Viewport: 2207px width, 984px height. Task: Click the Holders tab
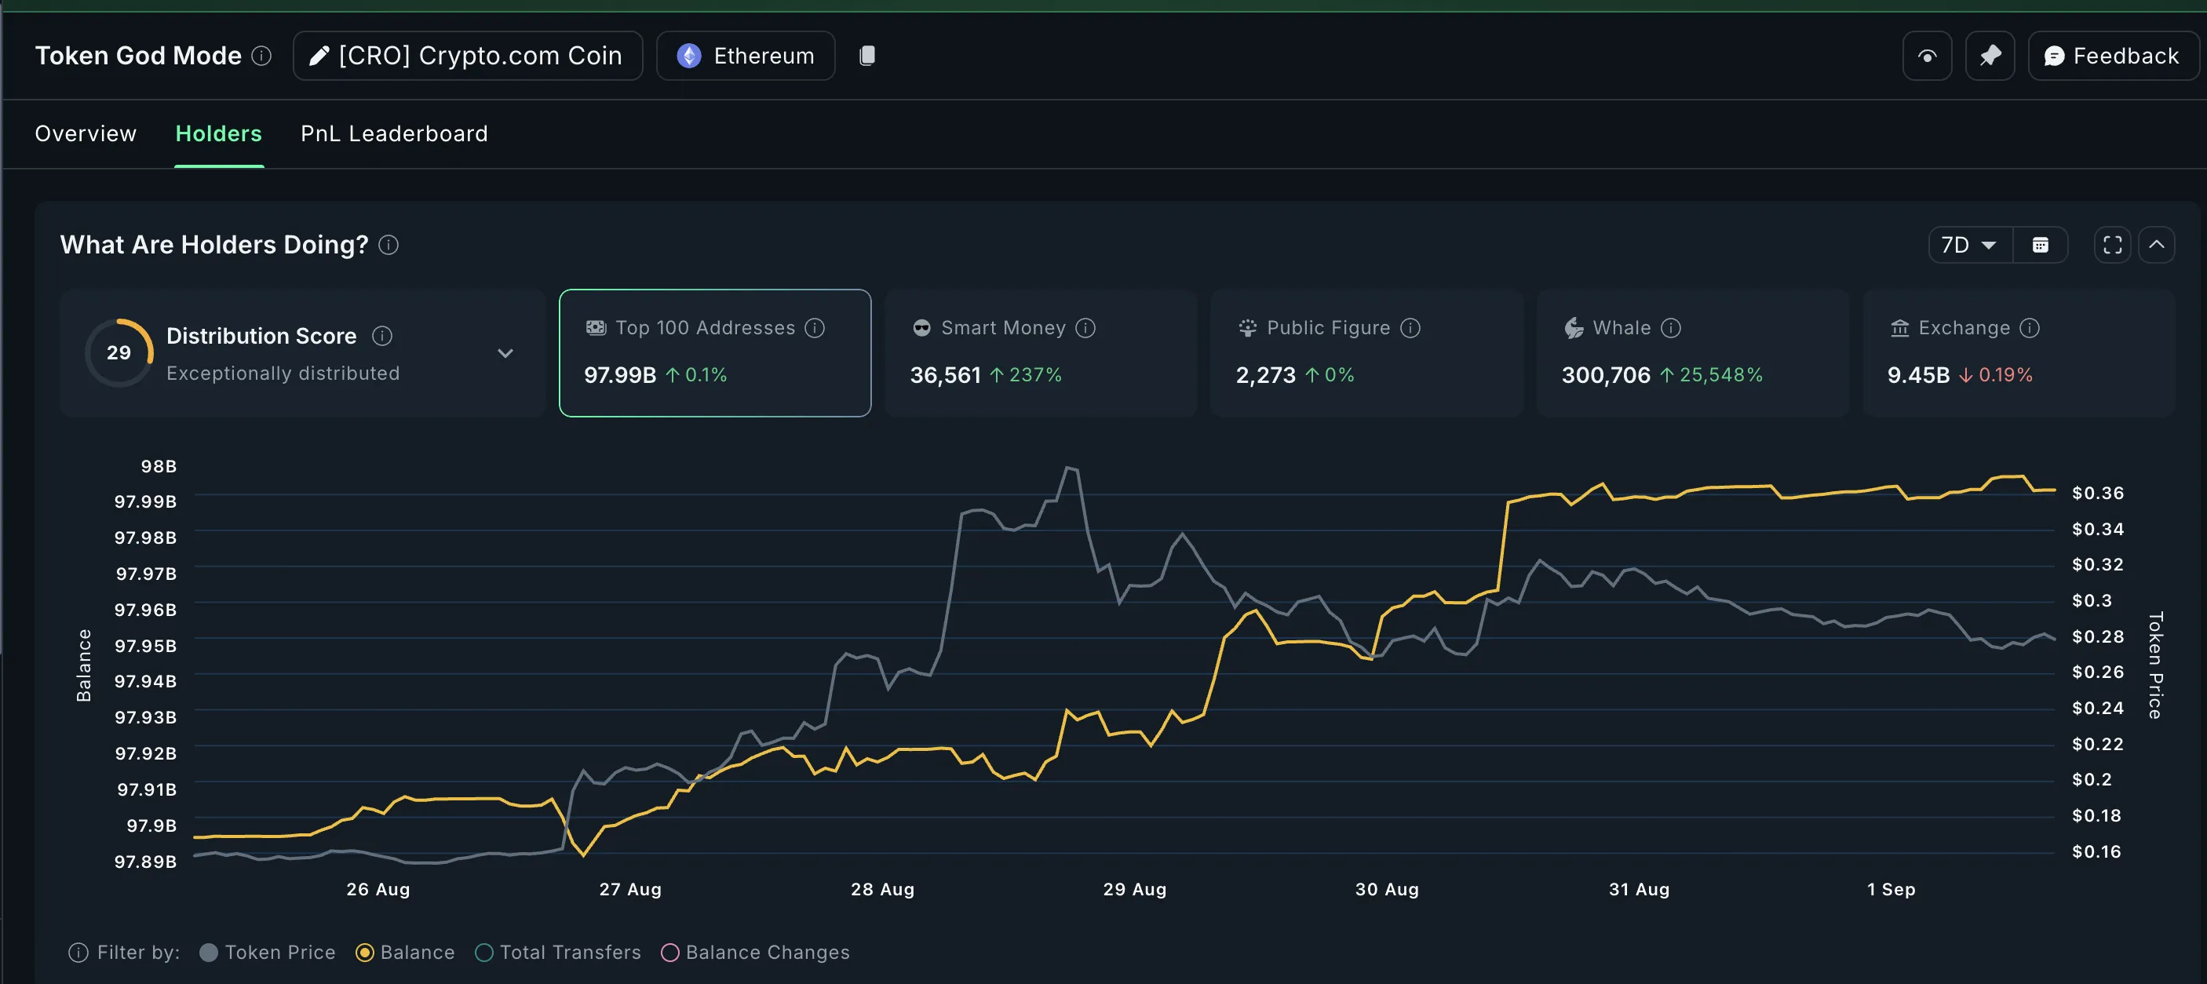218,133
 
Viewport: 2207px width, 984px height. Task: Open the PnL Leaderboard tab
394,133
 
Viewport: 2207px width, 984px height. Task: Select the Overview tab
86,133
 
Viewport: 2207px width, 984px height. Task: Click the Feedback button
2113,56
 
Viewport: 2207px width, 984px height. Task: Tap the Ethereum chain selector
746,56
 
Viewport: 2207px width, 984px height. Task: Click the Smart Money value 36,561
945,375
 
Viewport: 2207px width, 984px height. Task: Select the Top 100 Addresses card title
705,328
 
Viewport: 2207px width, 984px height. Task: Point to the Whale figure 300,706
1606,375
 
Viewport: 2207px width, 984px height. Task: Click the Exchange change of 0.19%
2005,375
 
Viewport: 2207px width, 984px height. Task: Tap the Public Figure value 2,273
1265,375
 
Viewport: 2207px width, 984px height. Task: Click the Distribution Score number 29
119,353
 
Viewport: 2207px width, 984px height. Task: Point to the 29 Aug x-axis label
1134,889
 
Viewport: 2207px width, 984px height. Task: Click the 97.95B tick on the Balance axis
146,646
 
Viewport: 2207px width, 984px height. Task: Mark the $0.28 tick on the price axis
2097,636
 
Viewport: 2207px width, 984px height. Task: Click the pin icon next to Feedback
1990,56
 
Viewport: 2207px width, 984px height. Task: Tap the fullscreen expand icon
2112,246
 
